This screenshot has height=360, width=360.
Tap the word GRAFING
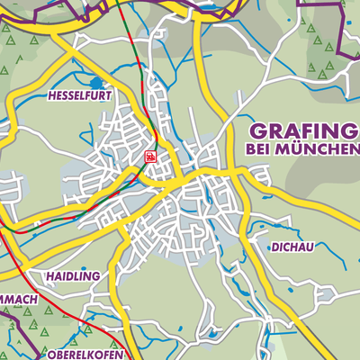pos(302,130)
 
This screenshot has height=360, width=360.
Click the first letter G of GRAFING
pos(255,130)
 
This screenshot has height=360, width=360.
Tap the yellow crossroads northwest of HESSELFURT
pos(56,32)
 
